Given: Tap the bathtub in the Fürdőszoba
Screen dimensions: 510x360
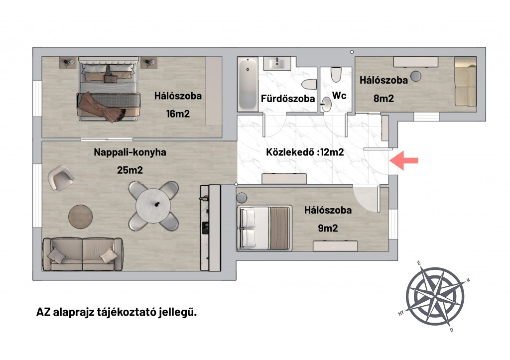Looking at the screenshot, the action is coord(248,84).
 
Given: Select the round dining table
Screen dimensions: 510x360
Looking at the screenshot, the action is coord(153,206).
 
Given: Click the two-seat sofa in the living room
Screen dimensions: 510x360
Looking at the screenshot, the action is coord(83,254).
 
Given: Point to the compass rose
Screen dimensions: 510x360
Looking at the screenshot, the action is coord(435,296).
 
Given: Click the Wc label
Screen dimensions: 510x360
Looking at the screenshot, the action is coord(339,96).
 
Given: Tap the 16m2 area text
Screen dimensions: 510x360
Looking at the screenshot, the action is coord(178,114).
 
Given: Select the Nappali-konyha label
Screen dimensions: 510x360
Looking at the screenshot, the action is coord(130,152).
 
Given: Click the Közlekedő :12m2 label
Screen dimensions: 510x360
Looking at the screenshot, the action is coord(305,152).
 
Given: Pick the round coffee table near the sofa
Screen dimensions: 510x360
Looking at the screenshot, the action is coord(80,217).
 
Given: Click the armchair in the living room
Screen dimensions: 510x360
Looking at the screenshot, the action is coord(61,178).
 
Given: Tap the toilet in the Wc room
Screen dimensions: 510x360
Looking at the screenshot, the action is coord(336,75).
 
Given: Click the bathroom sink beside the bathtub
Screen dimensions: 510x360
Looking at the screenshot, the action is coord(277,63).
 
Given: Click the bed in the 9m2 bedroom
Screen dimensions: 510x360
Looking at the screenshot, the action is coord(264,228).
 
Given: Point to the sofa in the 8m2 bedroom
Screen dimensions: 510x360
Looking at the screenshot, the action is coord(466,82).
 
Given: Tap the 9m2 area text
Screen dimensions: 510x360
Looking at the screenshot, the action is coord(328,228).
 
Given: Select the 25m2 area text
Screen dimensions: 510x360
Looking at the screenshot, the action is coord(130,170).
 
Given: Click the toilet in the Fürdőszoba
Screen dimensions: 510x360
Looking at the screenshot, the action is coord(309,85).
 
